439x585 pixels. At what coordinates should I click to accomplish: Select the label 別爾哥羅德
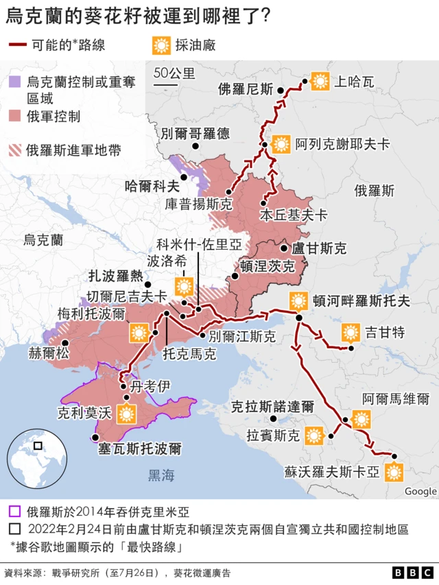click(x=195, y=133)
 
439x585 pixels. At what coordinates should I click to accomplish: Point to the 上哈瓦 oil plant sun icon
click(x=320, y=82)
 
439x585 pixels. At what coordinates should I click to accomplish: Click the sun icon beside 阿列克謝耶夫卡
click(x=281, y=144)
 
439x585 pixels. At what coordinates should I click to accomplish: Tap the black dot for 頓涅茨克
click(x=235, y=276)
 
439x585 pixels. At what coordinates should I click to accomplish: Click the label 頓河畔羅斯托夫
click(x=361, y=301)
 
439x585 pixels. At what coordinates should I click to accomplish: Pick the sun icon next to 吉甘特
click(x=351, y=333)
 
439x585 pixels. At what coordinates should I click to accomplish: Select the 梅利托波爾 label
click(x=92, y=314)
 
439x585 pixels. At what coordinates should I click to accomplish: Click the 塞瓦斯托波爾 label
click(x=140, y=449)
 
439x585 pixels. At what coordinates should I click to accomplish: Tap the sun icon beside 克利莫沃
click(x=126, y=414)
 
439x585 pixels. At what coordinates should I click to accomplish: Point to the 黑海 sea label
click(x=162, y=475)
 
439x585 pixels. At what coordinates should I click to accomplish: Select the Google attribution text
click(x=420, y=491)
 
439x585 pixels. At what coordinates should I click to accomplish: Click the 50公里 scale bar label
click(x=174, y=73)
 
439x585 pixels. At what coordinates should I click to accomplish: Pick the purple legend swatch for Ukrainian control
click(x=14, y=82)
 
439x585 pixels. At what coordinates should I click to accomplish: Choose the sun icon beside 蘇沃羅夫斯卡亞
click(x=394, y=472)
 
